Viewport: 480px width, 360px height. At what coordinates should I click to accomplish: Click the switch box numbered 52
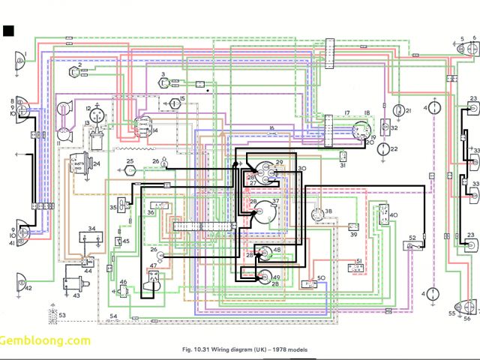(x=412, y=245)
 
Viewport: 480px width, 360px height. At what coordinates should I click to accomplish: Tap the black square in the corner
(x=9, y=31)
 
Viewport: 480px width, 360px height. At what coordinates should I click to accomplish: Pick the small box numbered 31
(x=341, y=156)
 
